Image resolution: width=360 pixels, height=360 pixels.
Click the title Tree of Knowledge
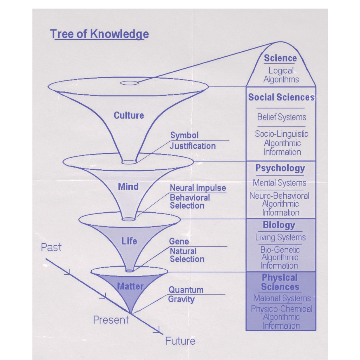[x=99, y=34]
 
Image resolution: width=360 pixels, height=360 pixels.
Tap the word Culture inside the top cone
[x=129, y=116]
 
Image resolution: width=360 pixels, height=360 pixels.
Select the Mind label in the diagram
[x=128, y=187]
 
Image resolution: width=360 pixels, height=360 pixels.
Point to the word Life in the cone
[x=129, y=241]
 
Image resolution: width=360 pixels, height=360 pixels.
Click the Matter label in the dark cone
[x=130, y=286]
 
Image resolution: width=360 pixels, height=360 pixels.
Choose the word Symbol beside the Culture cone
[x=184, y=135]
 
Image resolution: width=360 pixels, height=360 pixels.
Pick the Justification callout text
[x=193, y=146]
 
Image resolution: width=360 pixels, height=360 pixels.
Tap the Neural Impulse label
[x=198, y=188]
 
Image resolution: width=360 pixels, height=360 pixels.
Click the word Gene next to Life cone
[x=179, y=241]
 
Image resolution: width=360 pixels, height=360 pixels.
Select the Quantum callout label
[x=186, y=290]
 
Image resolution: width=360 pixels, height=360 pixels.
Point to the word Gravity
[x=181, y=299]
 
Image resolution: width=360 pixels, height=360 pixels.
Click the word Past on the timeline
[x=51, y=248]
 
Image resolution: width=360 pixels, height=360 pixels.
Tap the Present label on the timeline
[x=111, y=320]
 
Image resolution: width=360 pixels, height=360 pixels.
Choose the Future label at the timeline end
[x=180, y=341]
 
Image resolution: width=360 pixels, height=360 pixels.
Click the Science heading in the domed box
[x=280, y=58]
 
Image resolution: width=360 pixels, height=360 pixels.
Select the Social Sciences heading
[x=281, y=97]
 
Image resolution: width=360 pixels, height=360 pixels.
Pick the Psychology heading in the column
[x=280, y=168]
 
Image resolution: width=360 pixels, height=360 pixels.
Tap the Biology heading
[x=279, y=225]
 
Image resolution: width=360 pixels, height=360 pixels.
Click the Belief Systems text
[x=281, y=117]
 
